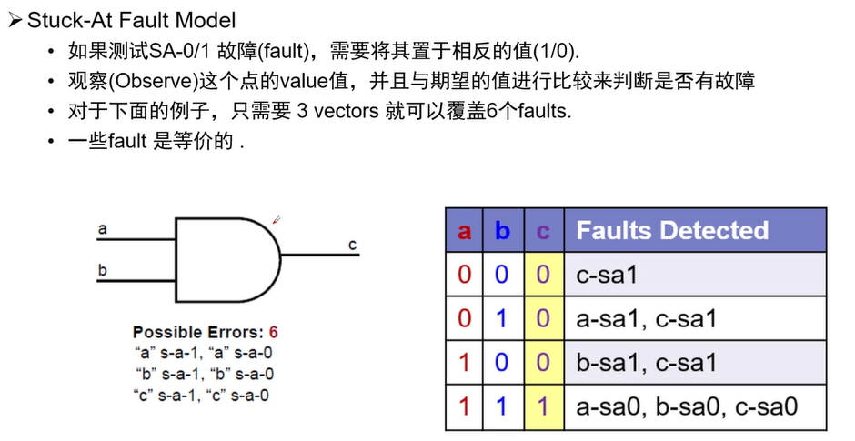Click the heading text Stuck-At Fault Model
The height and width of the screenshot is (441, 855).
131,19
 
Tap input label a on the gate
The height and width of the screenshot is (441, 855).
102,229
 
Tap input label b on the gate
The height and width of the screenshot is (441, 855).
102,269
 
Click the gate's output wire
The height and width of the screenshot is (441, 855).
318,254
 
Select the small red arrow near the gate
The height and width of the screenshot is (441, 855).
276,219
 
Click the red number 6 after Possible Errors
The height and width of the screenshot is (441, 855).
273,332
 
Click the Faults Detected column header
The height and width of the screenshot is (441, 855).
671,231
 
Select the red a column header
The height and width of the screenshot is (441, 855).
464,231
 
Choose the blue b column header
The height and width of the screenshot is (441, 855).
502,231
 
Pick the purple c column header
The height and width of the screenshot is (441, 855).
543,231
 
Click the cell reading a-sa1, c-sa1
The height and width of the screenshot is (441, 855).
646,319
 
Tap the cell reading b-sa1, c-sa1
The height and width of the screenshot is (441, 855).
646,363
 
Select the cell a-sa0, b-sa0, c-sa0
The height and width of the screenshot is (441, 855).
687,406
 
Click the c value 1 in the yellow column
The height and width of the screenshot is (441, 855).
543,406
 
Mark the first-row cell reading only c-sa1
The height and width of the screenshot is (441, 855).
607,275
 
